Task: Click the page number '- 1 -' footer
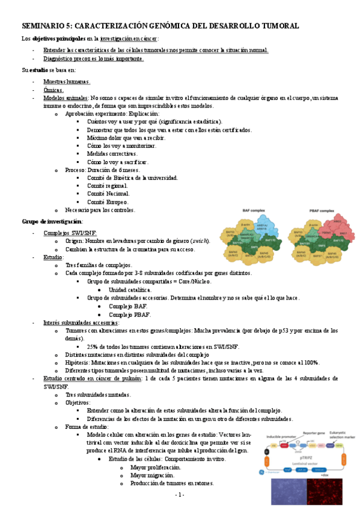tap(180, 494)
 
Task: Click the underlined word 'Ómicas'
tap(53, 90)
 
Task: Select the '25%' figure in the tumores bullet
tap(94, 346)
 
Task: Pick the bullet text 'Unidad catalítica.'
tap(130, 290)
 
